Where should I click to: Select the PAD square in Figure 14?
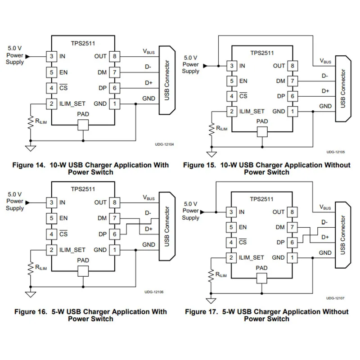click(83, 125)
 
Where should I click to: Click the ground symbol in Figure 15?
click(210, 149)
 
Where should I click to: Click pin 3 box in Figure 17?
click(231, 212)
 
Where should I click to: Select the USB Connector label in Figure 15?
click(344, 88)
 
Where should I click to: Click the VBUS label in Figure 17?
click(325, 207)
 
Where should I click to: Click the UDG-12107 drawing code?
click(335, 298)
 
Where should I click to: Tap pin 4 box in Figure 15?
click(231, 96)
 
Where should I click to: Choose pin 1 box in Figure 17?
click(293, 258)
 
